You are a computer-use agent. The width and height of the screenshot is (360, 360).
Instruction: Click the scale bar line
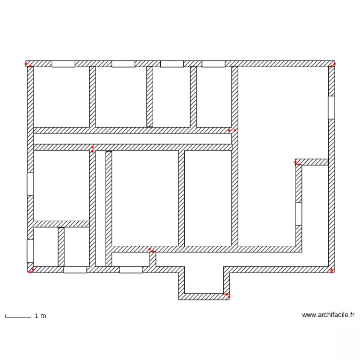[18, 316]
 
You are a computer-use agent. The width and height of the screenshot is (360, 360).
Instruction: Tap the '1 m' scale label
[40, 316]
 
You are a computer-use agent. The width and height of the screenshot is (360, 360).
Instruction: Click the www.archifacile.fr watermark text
[328, 315]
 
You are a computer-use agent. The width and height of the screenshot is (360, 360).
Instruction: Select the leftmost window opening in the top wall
[63, 64]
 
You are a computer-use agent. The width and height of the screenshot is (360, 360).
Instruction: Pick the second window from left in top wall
[123, 64]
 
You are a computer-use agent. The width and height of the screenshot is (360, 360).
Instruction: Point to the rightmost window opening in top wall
[213, 64]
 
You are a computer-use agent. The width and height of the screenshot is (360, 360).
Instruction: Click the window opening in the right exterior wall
[331, 108]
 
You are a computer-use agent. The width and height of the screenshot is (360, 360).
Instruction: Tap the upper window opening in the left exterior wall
[30, 184]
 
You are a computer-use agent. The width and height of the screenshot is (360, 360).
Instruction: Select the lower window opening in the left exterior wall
[30, 251]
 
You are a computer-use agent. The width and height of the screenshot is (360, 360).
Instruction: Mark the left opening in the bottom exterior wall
[75, 270]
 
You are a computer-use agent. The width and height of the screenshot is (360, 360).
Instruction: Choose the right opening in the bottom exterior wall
[131, 270]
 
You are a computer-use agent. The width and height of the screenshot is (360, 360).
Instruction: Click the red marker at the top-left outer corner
[26, 64]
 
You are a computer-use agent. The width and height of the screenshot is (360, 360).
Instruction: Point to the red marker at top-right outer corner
[335, 63]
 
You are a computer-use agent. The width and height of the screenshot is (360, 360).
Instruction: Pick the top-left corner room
[61, 96]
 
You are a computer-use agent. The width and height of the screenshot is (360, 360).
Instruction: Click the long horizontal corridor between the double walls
[132, 139]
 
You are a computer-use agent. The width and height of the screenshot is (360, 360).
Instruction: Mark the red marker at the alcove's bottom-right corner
[228, 297]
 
